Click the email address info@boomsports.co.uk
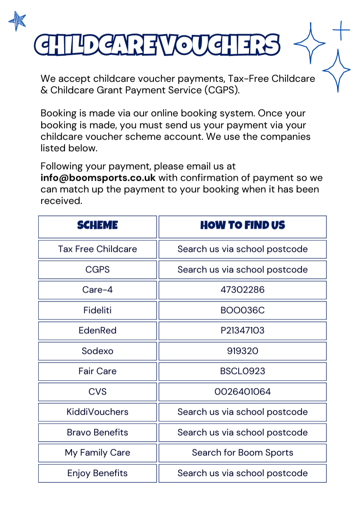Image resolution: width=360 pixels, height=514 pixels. [98, 178]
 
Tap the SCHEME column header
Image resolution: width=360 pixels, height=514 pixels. [98, 226]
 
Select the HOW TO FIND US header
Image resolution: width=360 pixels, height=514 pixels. [243, 226]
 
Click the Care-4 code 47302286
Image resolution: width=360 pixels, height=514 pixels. [243, 290]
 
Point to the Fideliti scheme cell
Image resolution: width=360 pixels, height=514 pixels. [98, 310]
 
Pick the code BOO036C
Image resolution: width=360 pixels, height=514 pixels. [243, 310]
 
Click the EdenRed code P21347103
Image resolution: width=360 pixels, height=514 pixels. [243, 330]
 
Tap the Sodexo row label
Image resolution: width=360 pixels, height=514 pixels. [98, 351]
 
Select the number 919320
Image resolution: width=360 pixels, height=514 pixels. [243, 351]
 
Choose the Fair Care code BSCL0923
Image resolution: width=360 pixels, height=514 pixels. [243, 371]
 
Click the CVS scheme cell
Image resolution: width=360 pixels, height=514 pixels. [98, 392]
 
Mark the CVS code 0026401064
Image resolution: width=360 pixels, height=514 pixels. [243, 392]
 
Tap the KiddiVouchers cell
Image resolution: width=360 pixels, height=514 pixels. [98, 412]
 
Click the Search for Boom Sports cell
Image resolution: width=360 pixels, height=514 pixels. [243, 453]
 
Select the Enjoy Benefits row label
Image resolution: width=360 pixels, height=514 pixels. [98, 473]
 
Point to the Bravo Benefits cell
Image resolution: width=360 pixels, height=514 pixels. [98, 433]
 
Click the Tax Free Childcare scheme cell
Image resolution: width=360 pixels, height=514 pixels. [98, 249]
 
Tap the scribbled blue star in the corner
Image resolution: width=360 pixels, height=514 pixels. [17, 21]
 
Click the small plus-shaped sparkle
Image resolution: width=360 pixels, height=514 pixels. [341, 30]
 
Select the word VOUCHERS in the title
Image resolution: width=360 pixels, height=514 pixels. [220, 45]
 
